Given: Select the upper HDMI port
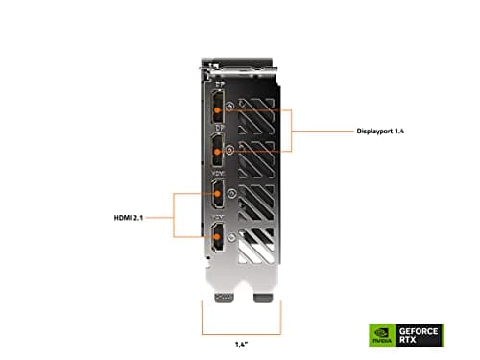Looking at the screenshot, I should point(219,196).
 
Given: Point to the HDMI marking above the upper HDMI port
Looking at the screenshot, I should point(218,173).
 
